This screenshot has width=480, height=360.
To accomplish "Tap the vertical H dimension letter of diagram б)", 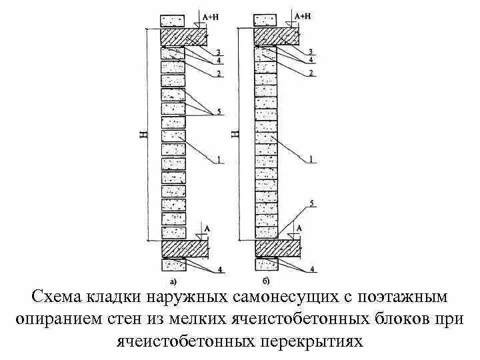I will pos(235,135).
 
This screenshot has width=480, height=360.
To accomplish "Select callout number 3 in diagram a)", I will pos(217,51).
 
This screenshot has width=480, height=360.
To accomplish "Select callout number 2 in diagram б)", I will pos(311,72).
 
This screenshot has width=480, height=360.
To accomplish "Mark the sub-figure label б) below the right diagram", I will pos(266,279).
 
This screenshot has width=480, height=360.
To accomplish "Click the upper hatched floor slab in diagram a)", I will pos(183,36).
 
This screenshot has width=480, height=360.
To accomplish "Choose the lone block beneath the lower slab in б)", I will pos(267,265).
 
